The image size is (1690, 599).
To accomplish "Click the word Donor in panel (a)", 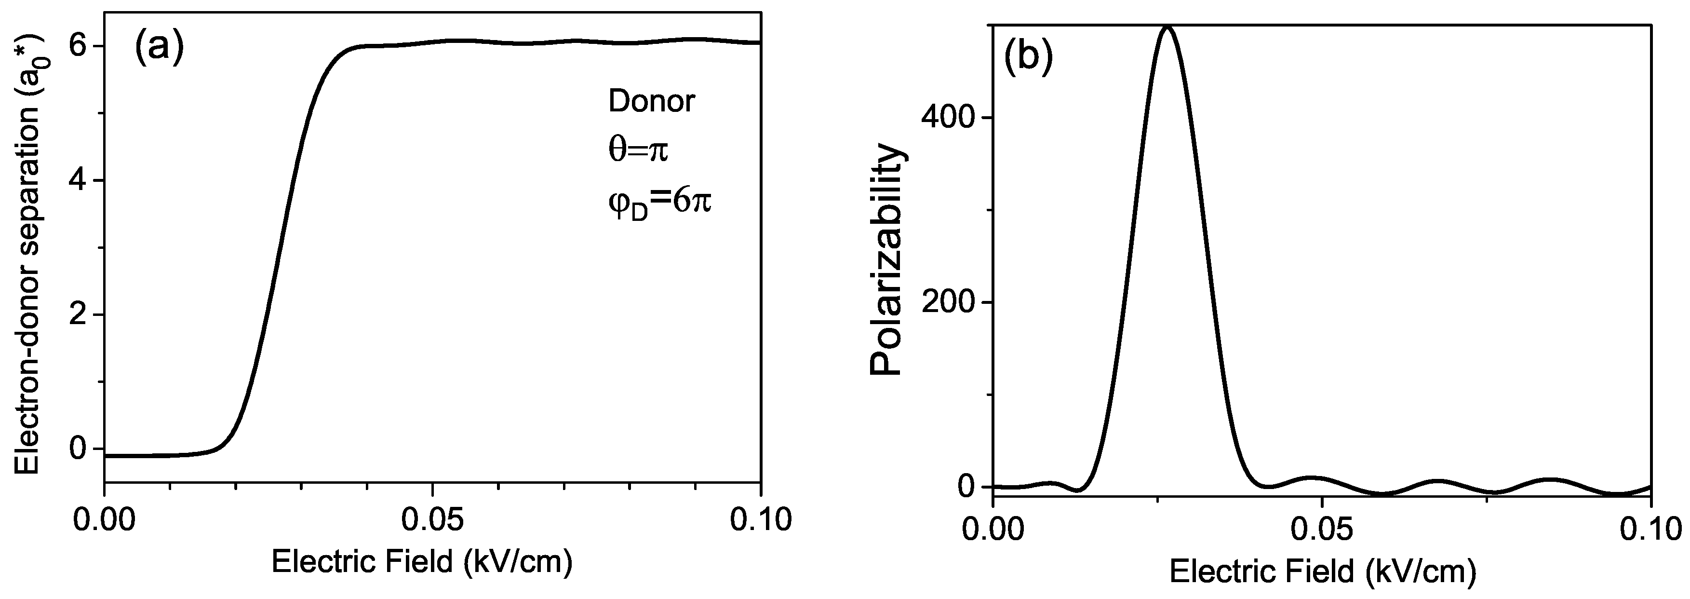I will coord(651,102).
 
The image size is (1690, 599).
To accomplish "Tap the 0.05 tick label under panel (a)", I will coord(432,519).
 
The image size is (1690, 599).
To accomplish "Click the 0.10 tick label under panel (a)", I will coord(760,519).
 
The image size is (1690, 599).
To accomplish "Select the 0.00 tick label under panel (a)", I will coord(105,519).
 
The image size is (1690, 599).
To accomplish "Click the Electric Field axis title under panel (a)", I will coord(422,562).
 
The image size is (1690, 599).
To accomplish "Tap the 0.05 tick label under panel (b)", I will coord(1321,530).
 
